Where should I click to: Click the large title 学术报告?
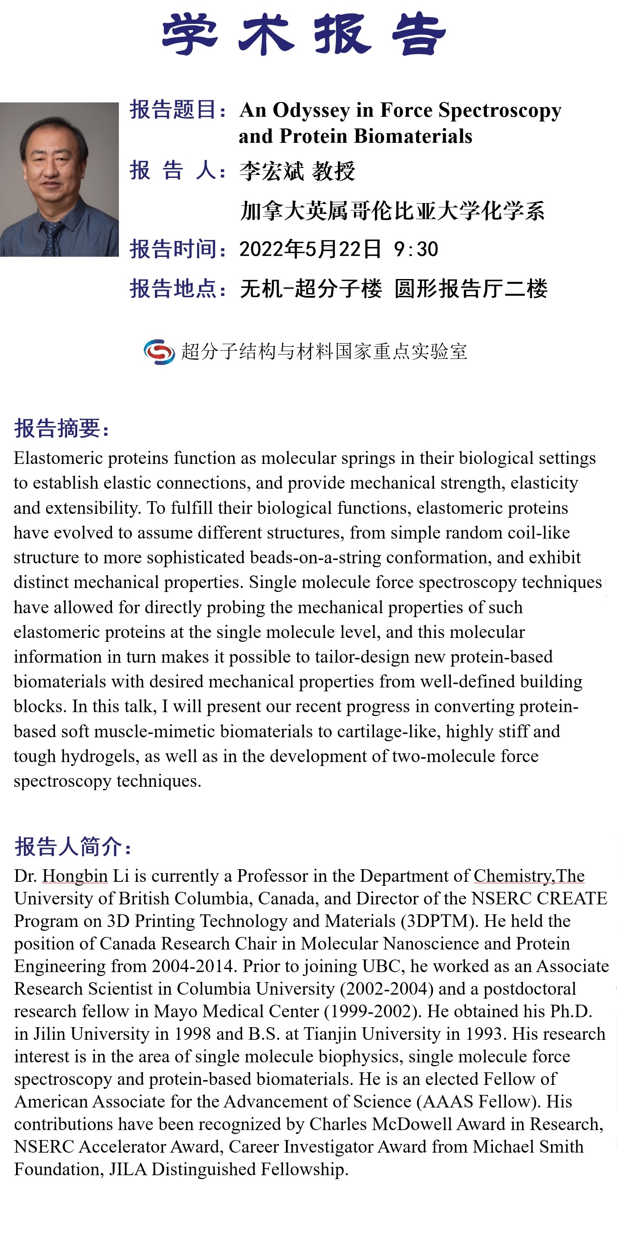click(x=304, y=34)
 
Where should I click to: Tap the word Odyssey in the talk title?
click(x=311, y=111)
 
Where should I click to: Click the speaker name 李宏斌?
click(x=271, y=171)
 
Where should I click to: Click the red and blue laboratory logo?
click(x=159, y=352)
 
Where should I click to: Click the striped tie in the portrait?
click(x=51, y=239)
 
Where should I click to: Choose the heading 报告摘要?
click(x=61, y=428)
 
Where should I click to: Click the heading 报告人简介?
click(x=72, y=846)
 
